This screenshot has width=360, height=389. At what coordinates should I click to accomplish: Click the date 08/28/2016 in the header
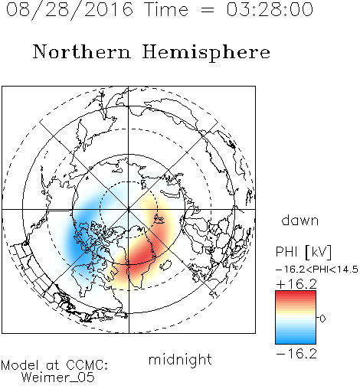click(x=69, y=9)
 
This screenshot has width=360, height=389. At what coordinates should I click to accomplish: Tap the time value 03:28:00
click(x=270, y=9)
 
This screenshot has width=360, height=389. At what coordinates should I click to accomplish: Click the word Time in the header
click(x=166, y=9)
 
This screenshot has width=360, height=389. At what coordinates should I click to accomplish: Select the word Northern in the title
click(x=82, y=51)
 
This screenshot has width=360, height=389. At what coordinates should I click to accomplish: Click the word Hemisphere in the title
click(x=206, y=52)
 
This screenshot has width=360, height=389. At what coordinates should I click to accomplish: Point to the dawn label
click(x=300, y=220)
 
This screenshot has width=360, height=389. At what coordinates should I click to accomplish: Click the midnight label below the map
click(x=180, y=359)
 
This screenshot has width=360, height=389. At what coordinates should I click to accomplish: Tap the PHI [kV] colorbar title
click(x=303, y=252)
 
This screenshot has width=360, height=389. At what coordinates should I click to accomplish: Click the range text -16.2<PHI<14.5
click(x=317, y=270)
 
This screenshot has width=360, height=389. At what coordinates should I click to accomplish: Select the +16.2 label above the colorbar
click(x=296, y=284)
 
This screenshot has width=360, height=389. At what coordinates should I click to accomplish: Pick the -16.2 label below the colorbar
click(x=296, y=354)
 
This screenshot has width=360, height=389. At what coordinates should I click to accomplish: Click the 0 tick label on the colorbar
click(x=322, y=319)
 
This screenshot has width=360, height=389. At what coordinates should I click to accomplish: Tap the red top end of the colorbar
click(x=296, y=293)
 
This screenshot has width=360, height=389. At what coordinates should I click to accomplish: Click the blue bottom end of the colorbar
click(x=296, y=342)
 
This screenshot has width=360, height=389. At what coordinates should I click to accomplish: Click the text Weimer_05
click(x=58, y=378)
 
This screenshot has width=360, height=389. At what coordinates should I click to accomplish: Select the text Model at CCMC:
click(x=54, y=365)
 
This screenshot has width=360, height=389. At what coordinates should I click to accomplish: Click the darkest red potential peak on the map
click(x=142, y=254)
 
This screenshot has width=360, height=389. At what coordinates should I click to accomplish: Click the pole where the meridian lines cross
click(x=129, y=209)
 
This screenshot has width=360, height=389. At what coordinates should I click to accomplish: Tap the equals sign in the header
click(x=208, y=10)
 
